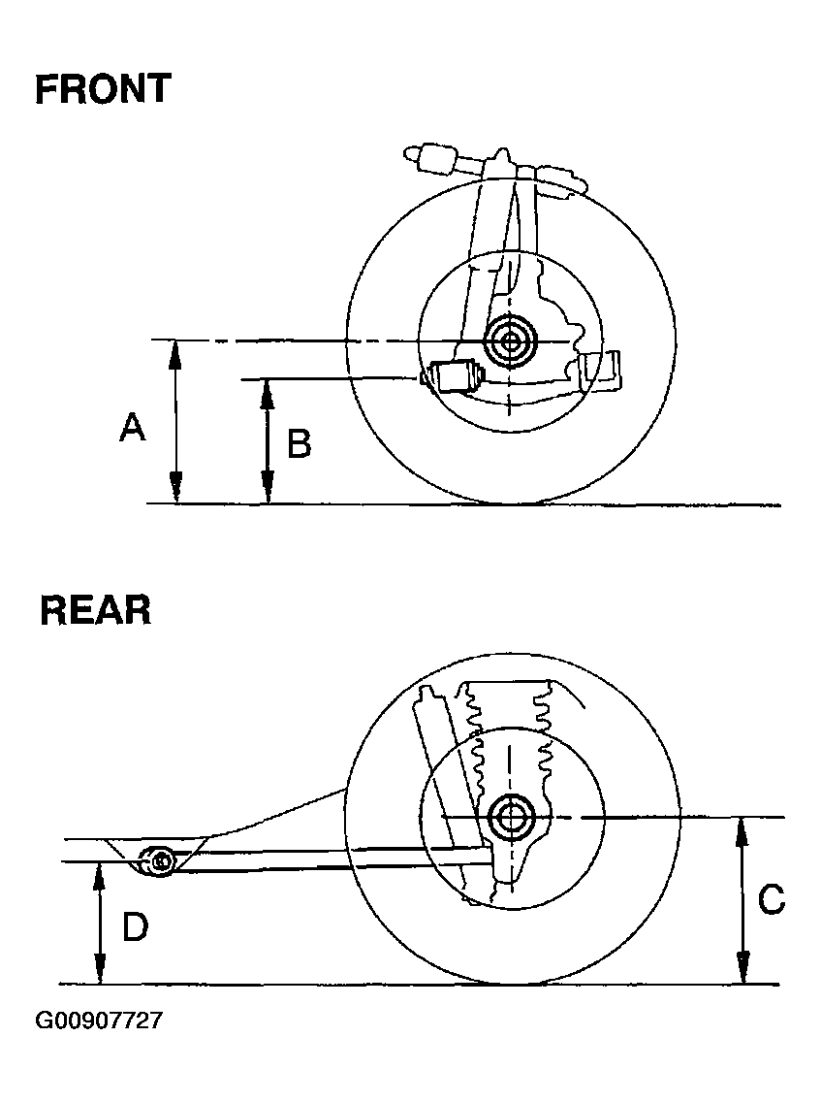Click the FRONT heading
(102, 89)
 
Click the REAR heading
(95, 611)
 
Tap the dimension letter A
(133, 426)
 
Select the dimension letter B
(299, 444)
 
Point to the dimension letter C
(772, 899)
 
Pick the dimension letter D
(135, 927)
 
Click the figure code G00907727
(99, 1021)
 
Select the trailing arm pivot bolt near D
(159, 859)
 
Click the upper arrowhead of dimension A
(175, 351)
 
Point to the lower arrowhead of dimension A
(175, 494)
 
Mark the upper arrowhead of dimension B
(268, 390)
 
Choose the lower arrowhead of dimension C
(742, 973)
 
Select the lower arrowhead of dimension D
(98, 973)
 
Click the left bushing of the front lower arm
(453, 375)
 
